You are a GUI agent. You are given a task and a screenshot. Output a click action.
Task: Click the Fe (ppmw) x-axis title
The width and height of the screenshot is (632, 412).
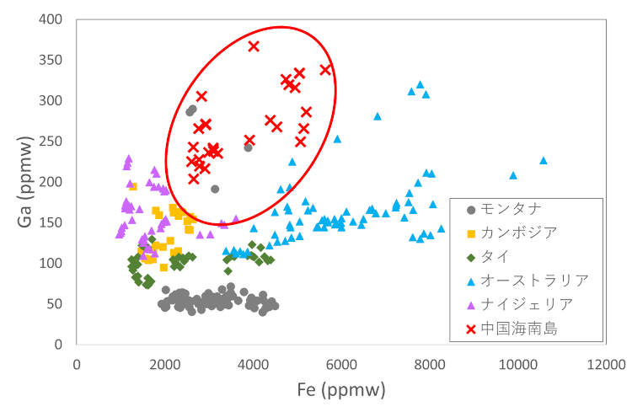pos(340,390)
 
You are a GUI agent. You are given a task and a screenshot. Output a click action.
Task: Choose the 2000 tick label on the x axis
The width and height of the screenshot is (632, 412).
pos(165,365)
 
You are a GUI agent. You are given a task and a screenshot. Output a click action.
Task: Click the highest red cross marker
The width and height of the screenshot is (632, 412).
pos(254,46)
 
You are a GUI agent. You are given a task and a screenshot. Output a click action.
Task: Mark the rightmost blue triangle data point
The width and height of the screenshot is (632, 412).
pos(544,160)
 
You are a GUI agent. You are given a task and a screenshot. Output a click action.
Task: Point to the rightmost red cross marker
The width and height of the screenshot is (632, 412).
pos(325,70)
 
